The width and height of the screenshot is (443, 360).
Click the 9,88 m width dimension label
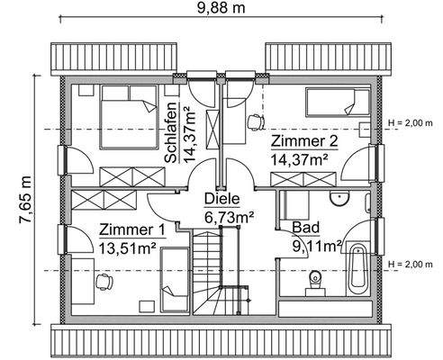221,9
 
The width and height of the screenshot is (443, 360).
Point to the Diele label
221,199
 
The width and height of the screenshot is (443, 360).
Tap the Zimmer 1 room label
132,229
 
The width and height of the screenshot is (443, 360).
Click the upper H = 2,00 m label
411,122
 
